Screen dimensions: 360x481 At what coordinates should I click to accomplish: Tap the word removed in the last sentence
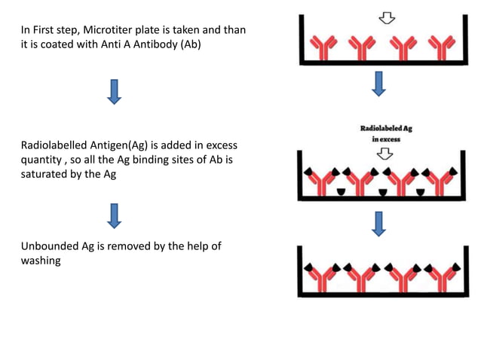[135, 246]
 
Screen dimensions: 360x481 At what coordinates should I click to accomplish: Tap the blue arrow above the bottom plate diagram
[379, 223]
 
